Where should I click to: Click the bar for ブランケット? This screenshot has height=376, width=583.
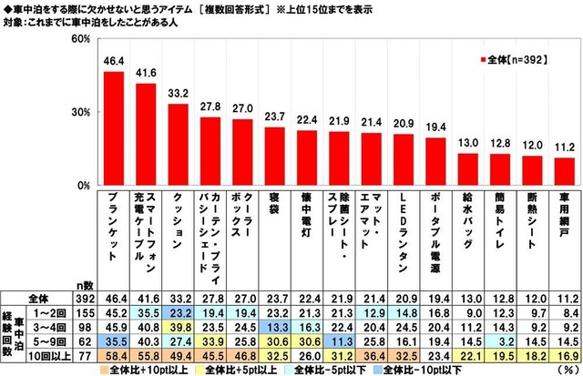pyautogui.click(x=114, y=128)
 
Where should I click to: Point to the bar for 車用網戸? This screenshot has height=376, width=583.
pyautogui.click(x=565, y=171)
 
